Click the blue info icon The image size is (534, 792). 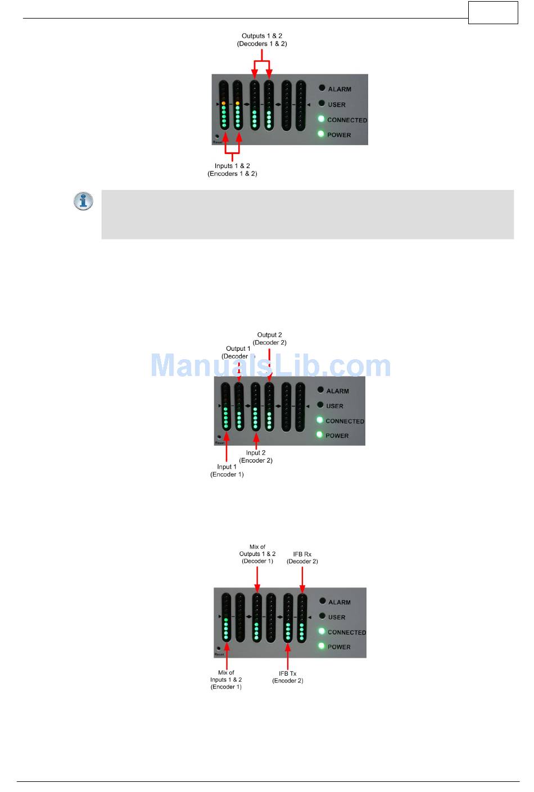[x=83, y=201]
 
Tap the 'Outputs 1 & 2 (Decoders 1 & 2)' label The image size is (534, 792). [x=262, y=40]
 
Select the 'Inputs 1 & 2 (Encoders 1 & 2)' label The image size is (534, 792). [x=232, y=170]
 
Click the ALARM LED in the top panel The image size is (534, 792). [x=322, y=88]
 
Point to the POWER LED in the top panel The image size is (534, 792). [x=321, y=134]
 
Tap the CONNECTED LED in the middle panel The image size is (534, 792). [x=320, y=420]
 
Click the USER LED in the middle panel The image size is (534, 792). [x=320, y=405]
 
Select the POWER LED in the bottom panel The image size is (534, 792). [x=322, y=646]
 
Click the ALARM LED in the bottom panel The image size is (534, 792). [x=323, y=601]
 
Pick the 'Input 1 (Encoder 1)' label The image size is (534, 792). [x=227, y=470]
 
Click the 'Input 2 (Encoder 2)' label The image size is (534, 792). [x=256, y=456]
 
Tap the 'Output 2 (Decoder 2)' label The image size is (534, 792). [x=270, y=338]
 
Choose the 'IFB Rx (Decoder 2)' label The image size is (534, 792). [x=302, y=558]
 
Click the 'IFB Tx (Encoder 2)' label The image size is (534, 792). [x=288, y=677]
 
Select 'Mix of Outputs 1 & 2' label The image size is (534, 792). [x=257, y=554]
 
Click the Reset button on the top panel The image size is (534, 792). [x=218, y=137]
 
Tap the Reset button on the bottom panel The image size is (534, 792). [x=219, y=649]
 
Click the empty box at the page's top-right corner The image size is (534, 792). [x=493, y=12]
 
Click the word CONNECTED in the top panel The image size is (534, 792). [x=347, y=120]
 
